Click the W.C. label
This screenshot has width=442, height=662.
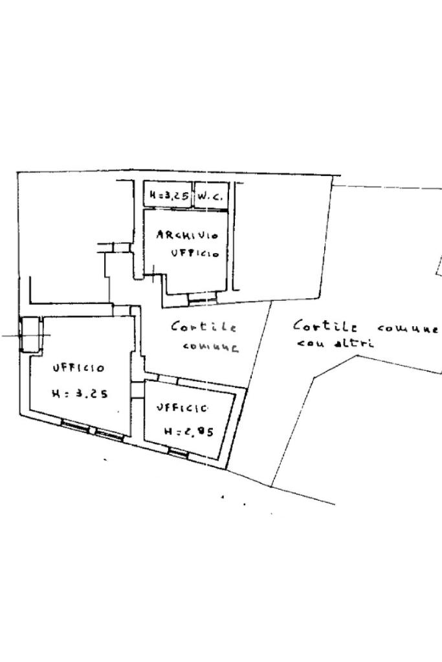[x=210, y=195]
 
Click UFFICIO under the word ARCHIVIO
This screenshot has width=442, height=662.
[x=195, y=253]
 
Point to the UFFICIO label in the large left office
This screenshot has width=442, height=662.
[x=78, y=368]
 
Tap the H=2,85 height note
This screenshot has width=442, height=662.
[x=188, y=432]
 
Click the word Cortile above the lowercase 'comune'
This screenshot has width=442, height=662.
[x=203, y=327]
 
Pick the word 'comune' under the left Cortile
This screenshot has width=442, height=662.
[x=210, y=347]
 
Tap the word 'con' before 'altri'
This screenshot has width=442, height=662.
[x=310, y=342]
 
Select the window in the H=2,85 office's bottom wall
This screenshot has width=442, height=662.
[x=179, y=453]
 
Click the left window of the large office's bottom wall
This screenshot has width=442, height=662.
[x=75, y=425]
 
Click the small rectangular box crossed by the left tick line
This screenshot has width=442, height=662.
[x=30, y=334]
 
